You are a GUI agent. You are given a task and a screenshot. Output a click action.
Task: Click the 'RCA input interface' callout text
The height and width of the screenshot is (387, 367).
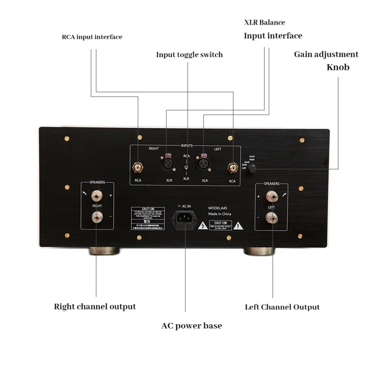(x=92, y=37)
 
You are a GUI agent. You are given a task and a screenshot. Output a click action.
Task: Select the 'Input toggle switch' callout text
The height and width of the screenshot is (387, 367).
(x=189, y=55)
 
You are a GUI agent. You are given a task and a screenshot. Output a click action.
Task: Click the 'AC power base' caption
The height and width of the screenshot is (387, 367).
(x=191, y=326)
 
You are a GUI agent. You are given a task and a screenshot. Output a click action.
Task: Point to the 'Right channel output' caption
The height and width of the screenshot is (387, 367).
(x=95, y=307)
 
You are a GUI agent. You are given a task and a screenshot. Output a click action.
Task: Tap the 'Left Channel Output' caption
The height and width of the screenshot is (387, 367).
(x=282, y=307)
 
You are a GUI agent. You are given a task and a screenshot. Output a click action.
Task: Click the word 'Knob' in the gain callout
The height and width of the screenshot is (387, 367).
(x=338, y=67)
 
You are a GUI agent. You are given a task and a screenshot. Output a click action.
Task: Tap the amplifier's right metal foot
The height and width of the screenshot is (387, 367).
(x=259, y=252)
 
